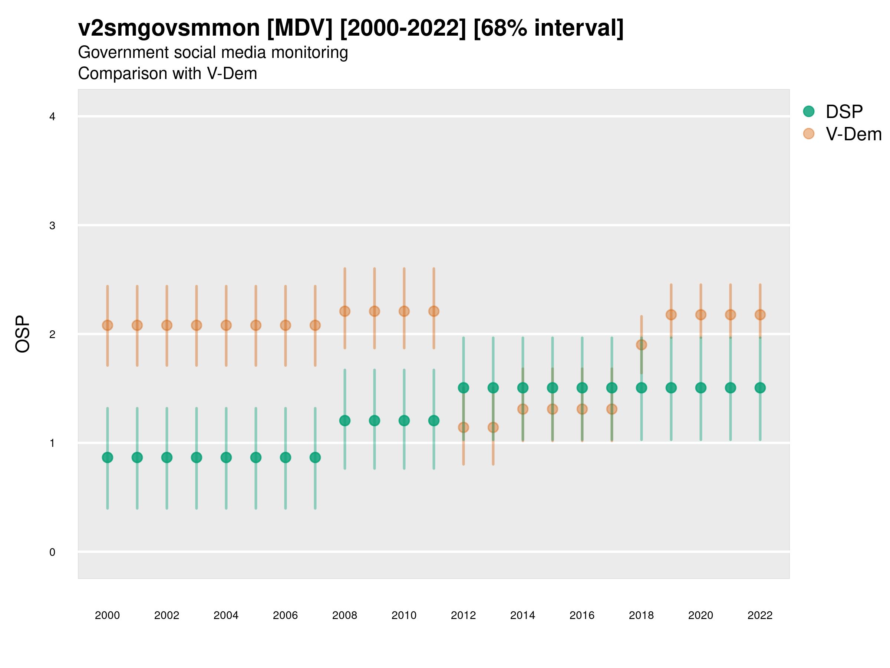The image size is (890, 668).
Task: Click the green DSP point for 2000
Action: (x=108, y=458)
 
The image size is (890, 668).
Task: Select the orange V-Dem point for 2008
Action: (x=345, y=311)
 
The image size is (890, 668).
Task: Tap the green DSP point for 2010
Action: (x=404, y=420)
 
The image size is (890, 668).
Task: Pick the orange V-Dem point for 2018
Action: (x=641, y=345)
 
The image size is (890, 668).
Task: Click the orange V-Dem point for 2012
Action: (x=464, y=427)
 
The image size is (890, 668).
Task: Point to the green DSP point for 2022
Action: (x=760, y=388)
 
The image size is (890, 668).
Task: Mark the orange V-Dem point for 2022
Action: (x=760, y=314)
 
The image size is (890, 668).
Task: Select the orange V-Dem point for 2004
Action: (x=226, y=325)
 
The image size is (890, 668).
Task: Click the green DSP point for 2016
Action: (x=582, y=388)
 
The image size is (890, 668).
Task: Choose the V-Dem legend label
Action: (x=853, y=134)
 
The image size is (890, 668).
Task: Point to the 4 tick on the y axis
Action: (x=52, y=117)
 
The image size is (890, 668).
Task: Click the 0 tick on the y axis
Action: (x=52, y=552)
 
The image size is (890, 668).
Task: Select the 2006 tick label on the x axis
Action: (x=285, y=615)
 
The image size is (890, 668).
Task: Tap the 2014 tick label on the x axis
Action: (x=523, y=615)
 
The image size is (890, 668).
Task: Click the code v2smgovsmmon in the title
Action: (x=169, y=28)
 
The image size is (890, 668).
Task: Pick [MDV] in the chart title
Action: (x=300, y=28)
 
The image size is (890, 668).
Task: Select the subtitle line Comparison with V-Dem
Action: (x=167, y=74)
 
